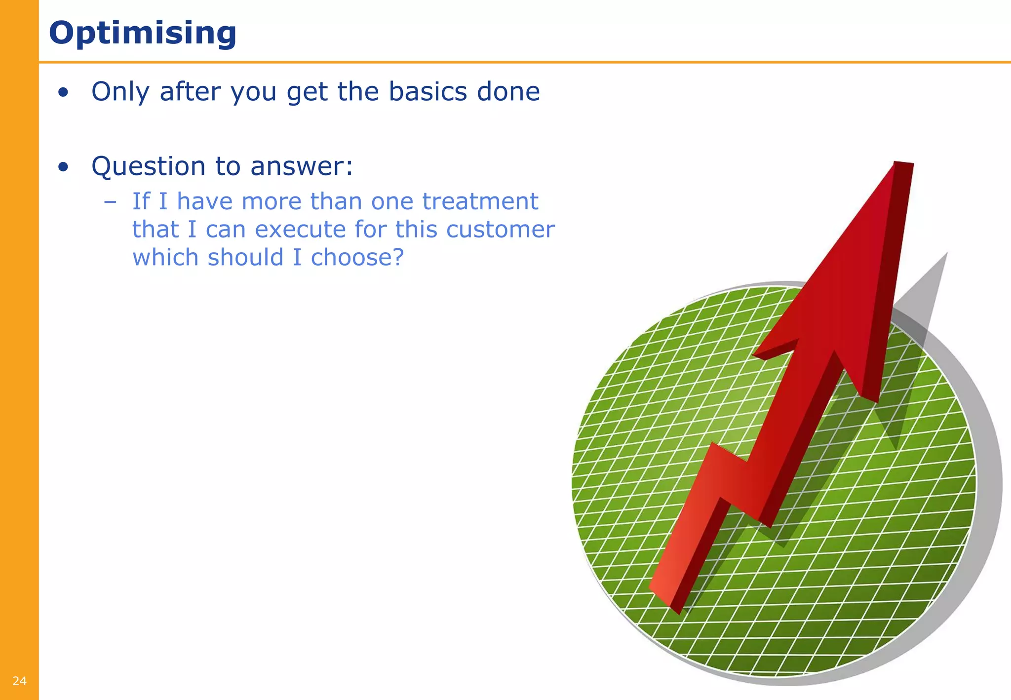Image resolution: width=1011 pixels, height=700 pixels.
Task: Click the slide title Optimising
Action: point(143,33)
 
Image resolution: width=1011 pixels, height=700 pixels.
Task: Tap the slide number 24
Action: point(19,681)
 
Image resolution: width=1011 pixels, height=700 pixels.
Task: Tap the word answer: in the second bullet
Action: point(302,166)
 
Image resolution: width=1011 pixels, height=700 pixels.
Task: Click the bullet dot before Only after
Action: point(63,92)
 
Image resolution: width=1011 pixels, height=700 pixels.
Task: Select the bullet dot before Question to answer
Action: point(63,167)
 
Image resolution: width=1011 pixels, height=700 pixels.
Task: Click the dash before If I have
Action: point(110,201)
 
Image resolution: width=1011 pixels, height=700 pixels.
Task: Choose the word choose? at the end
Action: point(357,258)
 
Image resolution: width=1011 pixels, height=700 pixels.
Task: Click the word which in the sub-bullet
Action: point(165,258)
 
